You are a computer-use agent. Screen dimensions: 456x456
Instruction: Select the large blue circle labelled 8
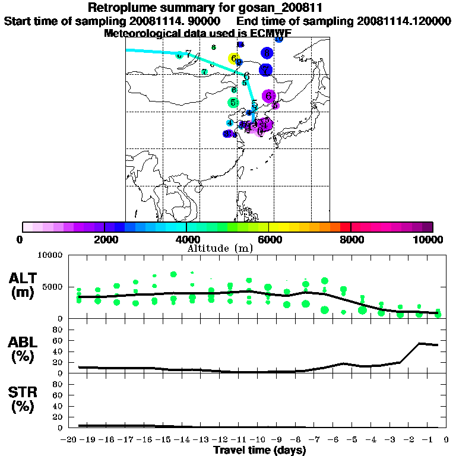pyautogui.click(x=267, y=53)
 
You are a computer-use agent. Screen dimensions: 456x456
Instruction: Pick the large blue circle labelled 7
pyautogui.click(x=265, y=69)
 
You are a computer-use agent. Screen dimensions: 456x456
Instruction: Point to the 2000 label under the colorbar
pyautogui.click(x=104, y=239)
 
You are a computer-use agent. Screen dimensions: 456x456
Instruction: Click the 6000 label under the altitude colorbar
pyautogui.click(x=268, y=239)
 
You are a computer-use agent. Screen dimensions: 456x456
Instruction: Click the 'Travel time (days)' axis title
pyautogui.click(x=259, y=450)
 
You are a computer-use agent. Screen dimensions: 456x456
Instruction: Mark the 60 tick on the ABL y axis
pyautogui.click(x=57, y=340)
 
